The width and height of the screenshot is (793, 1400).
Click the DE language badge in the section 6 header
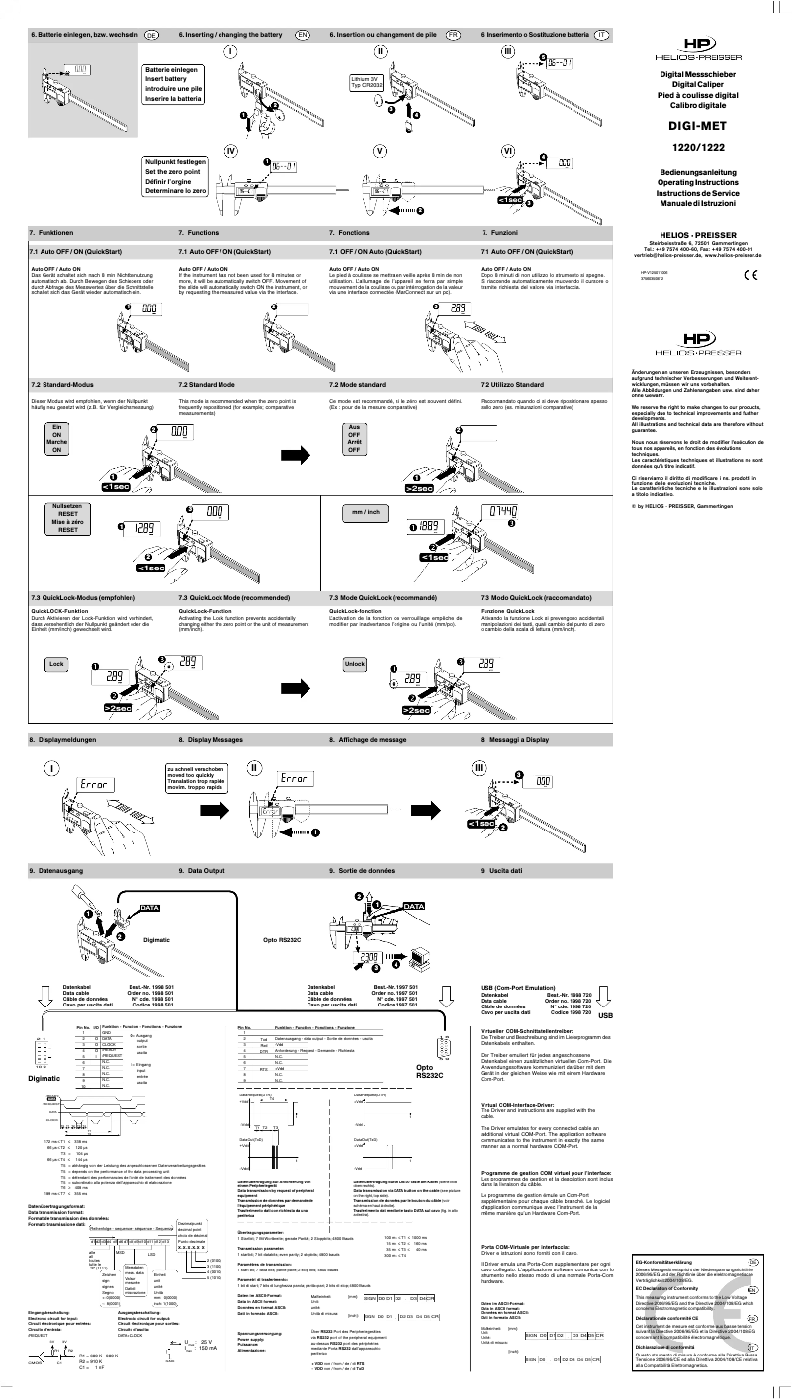click(152, 35)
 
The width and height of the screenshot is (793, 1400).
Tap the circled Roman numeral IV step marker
click(229, 152)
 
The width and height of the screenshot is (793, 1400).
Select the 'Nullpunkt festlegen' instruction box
click(175, 175)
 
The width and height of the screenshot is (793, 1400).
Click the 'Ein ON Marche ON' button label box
click(56, 438)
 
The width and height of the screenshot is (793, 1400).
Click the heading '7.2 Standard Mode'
click(207, 383)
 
